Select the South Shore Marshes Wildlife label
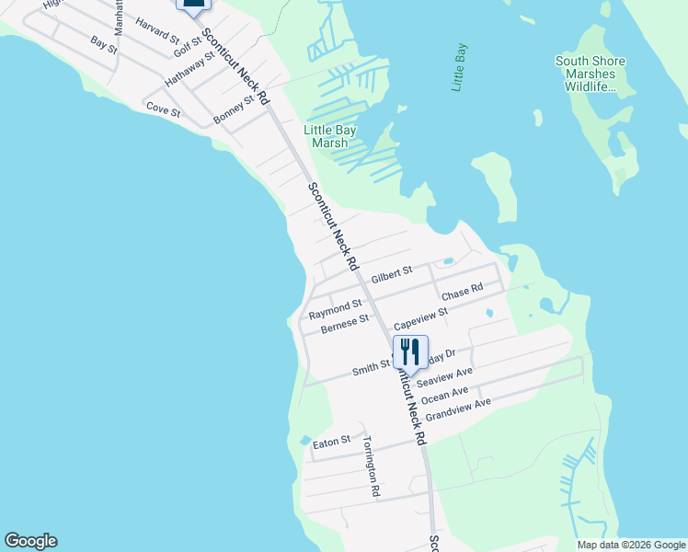point(590,75)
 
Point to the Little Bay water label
point(460,67)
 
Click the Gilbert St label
point(393,274)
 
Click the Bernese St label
point(338,323)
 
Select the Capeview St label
point(420,318)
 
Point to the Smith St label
point(372,370)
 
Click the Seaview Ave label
point(444,377)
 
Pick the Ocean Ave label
point(446,393)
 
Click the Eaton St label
point(332,443)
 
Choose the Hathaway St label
point(189,70)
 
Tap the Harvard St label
point(156,31)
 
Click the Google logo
point(30,541)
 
